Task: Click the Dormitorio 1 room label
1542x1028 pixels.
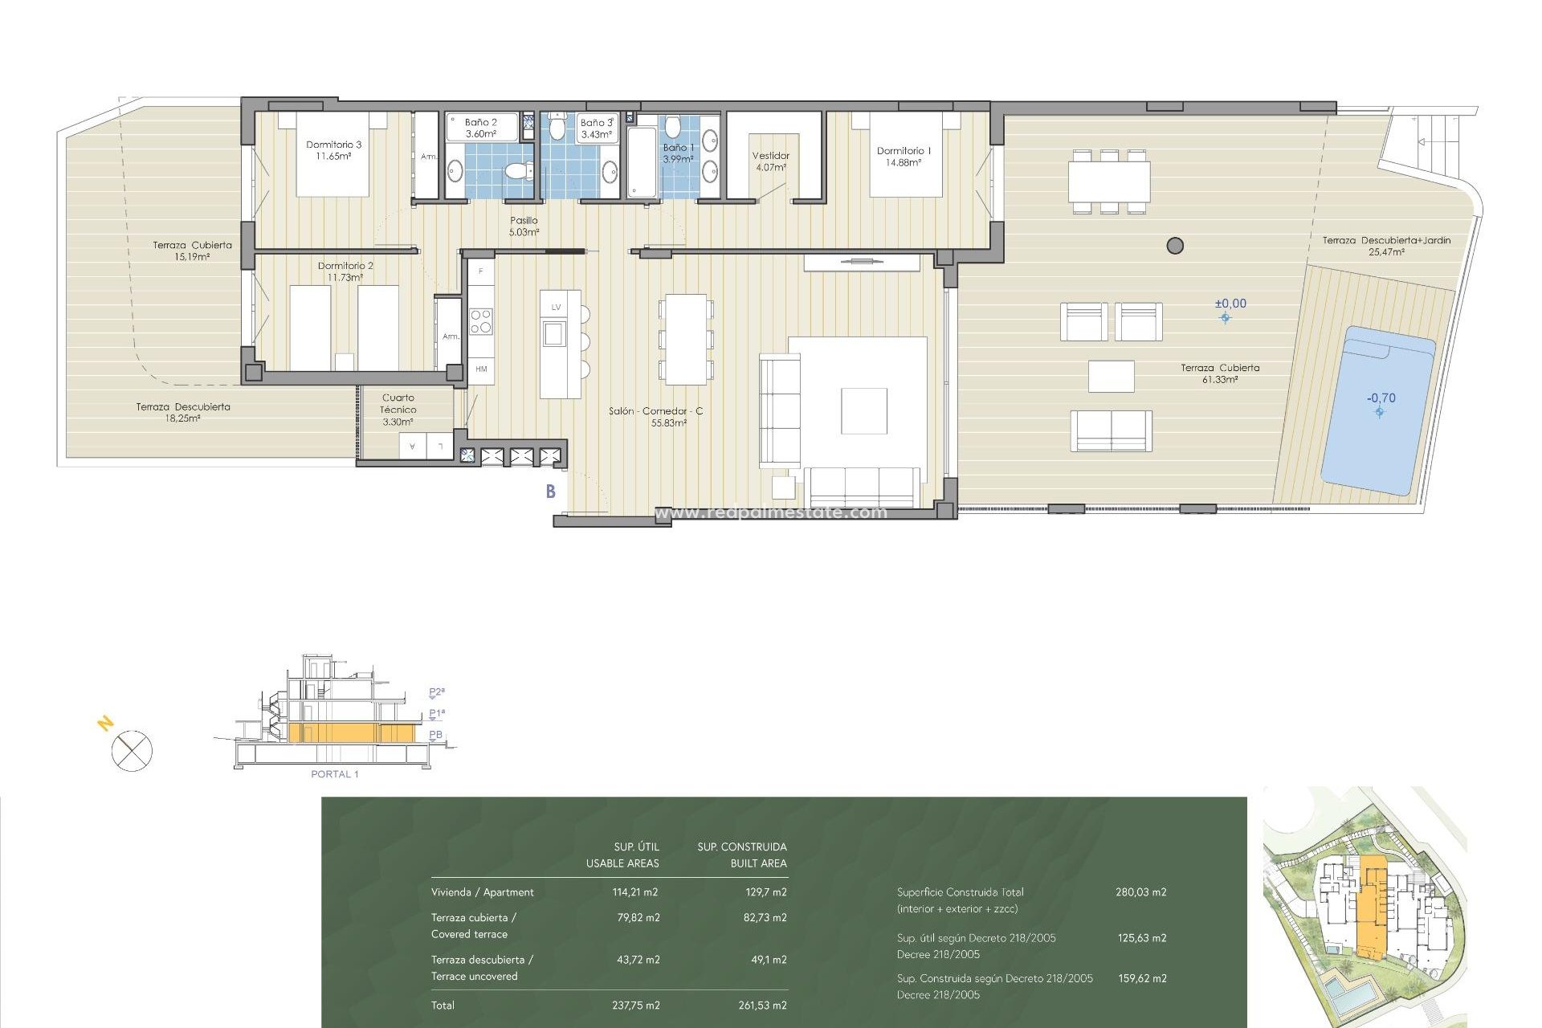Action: [x=904, y=156]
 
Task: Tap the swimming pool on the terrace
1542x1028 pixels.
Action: [x=1377, y=410]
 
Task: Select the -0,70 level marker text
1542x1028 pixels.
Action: [x=1381, y=398]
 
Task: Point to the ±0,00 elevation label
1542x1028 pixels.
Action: [x=1230, y=304]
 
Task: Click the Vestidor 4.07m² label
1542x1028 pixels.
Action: [x=770, y=161]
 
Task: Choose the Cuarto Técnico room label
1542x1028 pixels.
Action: [x=398, y=409]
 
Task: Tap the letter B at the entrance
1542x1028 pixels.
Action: [x=551, y=492]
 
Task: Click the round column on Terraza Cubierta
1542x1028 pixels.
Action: [x=1175, y=246]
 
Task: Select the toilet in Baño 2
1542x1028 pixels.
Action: [x=518, y=170]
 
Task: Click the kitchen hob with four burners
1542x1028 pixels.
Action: [x=481, y=321]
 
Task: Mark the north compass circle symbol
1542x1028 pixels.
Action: [x=132, y=752]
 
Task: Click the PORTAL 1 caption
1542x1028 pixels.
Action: [x=334, y=774]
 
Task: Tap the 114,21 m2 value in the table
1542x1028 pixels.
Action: [x=635, y=892]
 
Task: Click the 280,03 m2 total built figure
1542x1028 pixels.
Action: [x=1140, y=892]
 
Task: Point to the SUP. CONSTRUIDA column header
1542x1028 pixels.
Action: [x=741, y=847]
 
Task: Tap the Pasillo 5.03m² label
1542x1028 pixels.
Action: [x=524, y=226]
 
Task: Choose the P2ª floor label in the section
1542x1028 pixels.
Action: [x=436, y=692]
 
